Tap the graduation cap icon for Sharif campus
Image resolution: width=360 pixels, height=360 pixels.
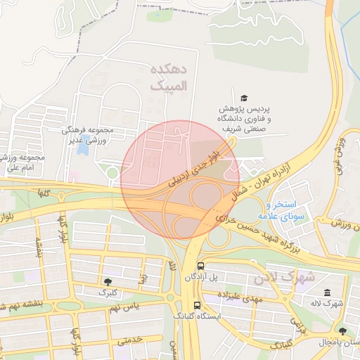click(244, 98)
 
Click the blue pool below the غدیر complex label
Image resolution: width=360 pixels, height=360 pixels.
click(83, 149)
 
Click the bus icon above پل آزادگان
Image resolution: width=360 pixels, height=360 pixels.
click(201, 266)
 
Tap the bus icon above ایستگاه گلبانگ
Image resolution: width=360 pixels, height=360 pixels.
click(197, 306)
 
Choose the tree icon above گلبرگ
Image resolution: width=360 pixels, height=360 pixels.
click(107, 281)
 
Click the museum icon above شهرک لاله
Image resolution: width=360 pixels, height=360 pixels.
click(327, 292)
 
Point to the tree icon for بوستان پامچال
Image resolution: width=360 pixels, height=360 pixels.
click(342, 331)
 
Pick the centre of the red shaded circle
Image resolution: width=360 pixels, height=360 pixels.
click(180, 179)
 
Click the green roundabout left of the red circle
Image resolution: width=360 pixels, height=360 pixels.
click(111, 173)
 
